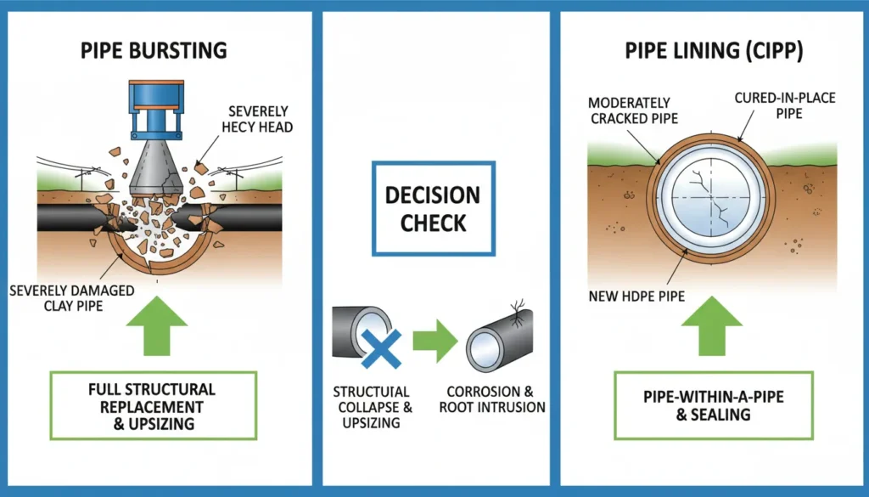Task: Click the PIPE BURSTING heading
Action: tap(154, 49)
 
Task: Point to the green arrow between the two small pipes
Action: tap(434, 340)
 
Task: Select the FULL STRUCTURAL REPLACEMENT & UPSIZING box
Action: tap(152, 405)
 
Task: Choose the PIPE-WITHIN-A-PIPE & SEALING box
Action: tap(714, 406)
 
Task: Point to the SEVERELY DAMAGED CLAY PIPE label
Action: tap(71, 298)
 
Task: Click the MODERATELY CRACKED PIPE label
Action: tap(629, 110)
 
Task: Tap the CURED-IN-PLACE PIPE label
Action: tap(784, 105)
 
